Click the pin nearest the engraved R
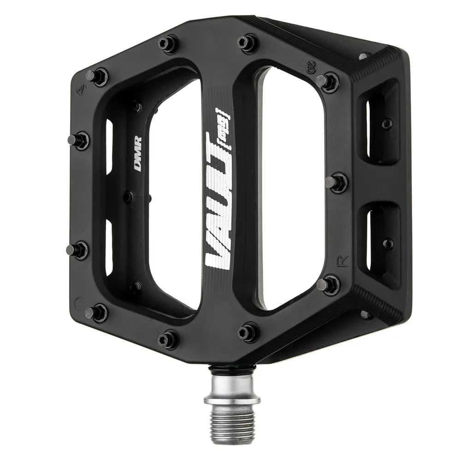(x=328, y=284)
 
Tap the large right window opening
(x=290, y=194)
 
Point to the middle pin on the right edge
(x=337, y=182)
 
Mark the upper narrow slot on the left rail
(x=109, y=148)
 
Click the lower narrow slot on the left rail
(x=109, y=247)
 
